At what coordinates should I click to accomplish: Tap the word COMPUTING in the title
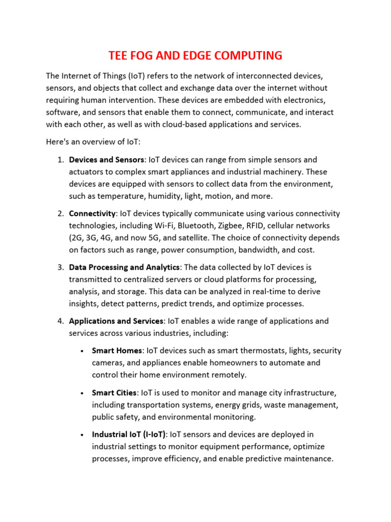click(x=244, y=56)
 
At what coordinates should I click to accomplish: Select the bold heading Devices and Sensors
click(x=106, y=160)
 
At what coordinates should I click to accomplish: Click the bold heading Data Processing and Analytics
click(x=124, y=267)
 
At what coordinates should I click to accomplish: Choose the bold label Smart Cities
click(x=114, y=393)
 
